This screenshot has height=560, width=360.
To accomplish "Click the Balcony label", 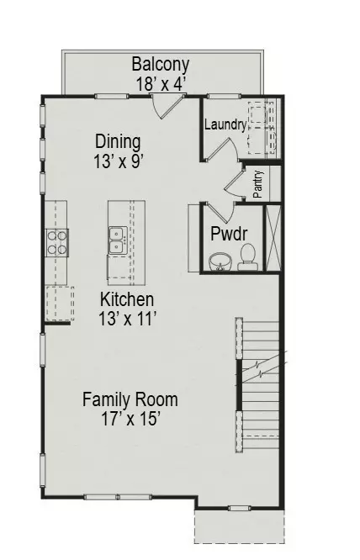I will (161, 65).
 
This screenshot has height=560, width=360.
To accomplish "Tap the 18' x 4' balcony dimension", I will (161, 83).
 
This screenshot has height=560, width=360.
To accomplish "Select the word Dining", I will (117, 141).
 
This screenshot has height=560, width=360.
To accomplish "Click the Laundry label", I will (225, 125).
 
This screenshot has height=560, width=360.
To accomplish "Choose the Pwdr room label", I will (228, 233).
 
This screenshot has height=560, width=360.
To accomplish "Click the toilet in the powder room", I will (247, 255).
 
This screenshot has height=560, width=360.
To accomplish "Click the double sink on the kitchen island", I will (118, 240).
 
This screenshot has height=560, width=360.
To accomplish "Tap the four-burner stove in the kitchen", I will (57, 242).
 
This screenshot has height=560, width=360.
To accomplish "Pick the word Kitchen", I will (127, 299).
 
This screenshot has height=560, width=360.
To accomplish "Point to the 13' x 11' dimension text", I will (127, 318).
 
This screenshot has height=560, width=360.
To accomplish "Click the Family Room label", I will (130, 399).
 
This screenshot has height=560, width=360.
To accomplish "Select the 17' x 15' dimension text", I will (130, 417).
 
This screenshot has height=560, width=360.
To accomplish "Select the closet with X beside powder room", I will (272, 236).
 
